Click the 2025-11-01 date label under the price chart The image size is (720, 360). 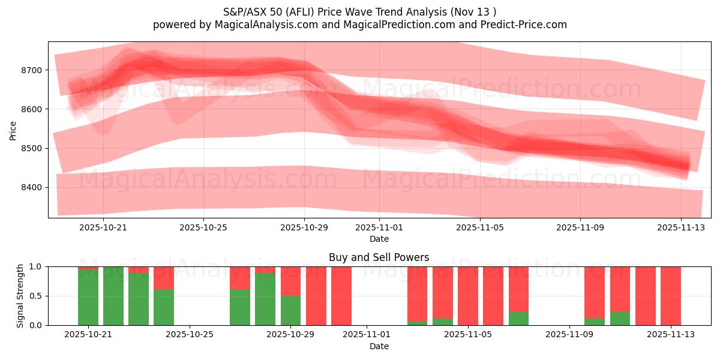[x=379, y=227]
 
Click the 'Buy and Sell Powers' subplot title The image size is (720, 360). [x=379, y=257]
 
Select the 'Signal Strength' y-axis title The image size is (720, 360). [x=20, y=296]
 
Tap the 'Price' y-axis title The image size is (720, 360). [x=13, y=130]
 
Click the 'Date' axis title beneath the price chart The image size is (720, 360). [x=379, y=239]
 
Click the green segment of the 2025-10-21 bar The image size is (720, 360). [x=88, y=297]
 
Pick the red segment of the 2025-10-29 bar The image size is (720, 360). [x=291, y=281]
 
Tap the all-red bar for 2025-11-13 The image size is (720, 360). [x=671, y=296]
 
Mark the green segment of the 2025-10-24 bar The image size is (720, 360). [x=164, y=307]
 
